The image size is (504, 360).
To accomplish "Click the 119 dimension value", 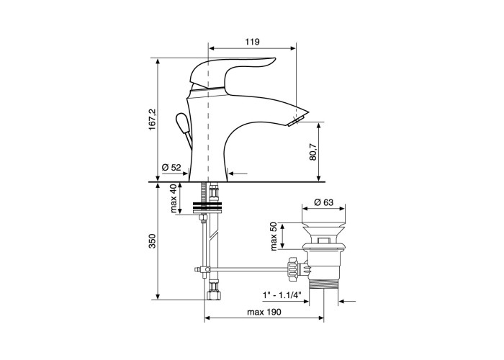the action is click(x=252, y=42).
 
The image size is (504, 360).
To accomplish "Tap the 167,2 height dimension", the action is click(x=153, y=120).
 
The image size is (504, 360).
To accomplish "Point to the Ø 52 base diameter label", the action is click(x=171, y=167).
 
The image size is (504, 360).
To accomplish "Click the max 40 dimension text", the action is click(x=174, y=198).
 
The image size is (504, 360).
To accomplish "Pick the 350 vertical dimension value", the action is click(x=153, y=240).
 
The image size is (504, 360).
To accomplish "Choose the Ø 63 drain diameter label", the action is click(x=323, y=202).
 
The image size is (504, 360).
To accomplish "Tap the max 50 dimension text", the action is click(x=274, y=236).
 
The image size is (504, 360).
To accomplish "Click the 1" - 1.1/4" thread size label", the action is click(x=282, y=294).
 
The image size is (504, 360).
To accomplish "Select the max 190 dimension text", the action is click(x=264, y=312).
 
